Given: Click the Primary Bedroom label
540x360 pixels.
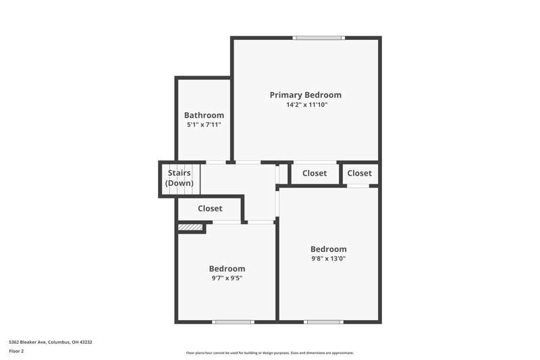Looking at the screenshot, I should pos(306,95).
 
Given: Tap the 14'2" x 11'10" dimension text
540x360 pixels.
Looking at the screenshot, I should pos(306,105).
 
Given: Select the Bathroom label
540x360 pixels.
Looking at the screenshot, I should pos(204,115).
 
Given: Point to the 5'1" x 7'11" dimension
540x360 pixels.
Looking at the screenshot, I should pos(204,125).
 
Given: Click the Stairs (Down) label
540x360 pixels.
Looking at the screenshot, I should pos(180,178).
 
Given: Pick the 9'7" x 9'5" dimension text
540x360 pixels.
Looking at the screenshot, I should pos(227,278).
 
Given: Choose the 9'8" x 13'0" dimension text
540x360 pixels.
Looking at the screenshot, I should pos(329,258).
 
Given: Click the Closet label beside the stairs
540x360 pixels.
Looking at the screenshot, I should pos(210,209).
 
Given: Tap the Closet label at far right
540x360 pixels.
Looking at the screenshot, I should pos(360,174).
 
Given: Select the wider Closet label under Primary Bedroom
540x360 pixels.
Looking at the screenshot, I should pos(315,174).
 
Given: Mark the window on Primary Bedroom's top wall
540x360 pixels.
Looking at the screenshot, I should pos(319,38).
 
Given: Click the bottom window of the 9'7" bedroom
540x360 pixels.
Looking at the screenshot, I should pos(233,322).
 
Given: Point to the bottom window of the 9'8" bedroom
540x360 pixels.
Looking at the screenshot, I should pos(323,322).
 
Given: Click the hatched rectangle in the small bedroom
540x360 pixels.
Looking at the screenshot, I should pos(191,228).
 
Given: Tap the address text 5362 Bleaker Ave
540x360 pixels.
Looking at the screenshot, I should pos(51,342).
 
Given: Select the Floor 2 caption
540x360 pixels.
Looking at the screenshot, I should pos(16,351).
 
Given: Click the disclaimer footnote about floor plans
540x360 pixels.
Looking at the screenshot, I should pos(270,353).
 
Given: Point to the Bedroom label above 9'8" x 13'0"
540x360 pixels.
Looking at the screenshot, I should pos(329,249).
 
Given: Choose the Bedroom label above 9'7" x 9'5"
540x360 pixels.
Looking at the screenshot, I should pos(227,269).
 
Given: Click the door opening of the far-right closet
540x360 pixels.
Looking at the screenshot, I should pos(358,185).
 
